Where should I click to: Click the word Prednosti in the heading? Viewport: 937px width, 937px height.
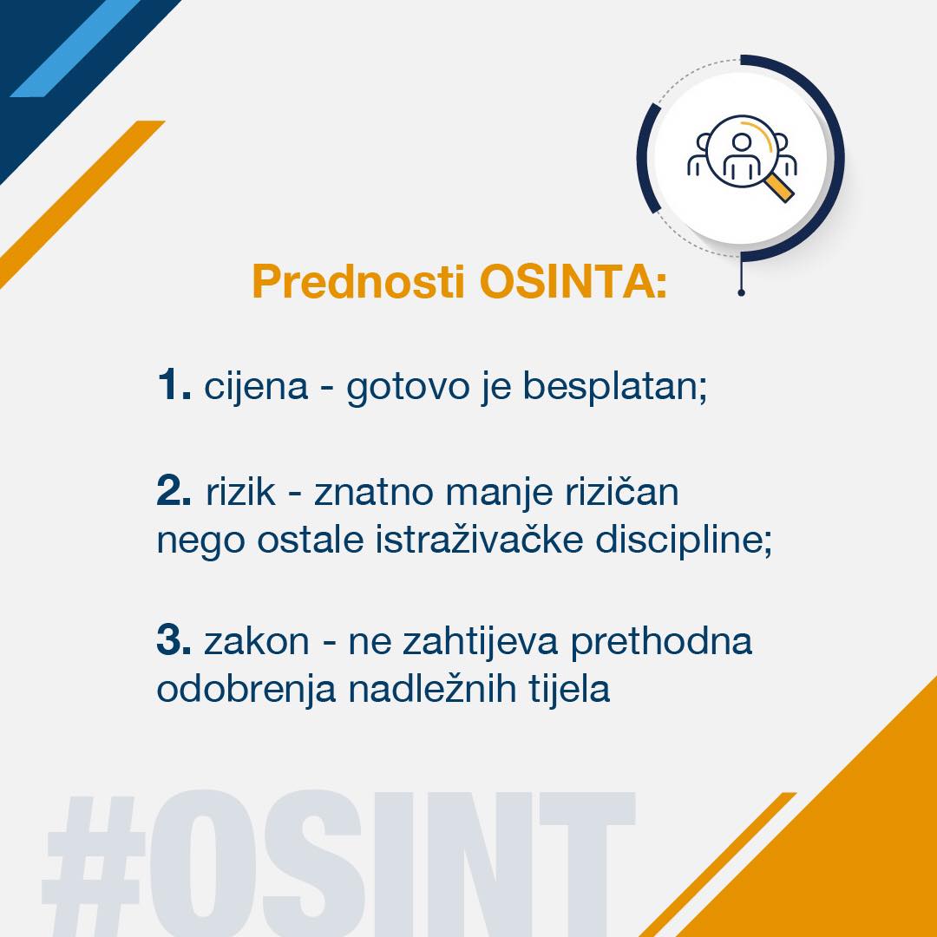[358, 281]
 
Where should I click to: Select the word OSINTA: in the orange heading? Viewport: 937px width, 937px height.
[573, 281]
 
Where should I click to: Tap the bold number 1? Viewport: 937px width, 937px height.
[174, 384]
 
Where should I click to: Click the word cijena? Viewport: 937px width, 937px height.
[256, 387]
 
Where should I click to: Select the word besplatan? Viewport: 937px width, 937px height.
[615, 387]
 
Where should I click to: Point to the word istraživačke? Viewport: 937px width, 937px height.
[479, 539]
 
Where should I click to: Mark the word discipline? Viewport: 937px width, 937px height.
[684, 540]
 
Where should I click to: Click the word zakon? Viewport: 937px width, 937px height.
[256, 640]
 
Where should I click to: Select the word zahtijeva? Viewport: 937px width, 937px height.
[481, 642]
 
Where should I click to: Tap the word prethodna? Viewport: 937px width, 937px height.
[661, 642]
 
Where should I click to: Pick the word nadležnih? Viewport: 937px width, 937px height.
[432, 688]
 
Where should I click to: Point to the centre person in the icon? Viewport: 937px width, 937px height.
[742, 156]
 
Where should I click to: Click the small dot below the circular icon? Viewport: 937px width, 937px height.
[741, 292]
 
